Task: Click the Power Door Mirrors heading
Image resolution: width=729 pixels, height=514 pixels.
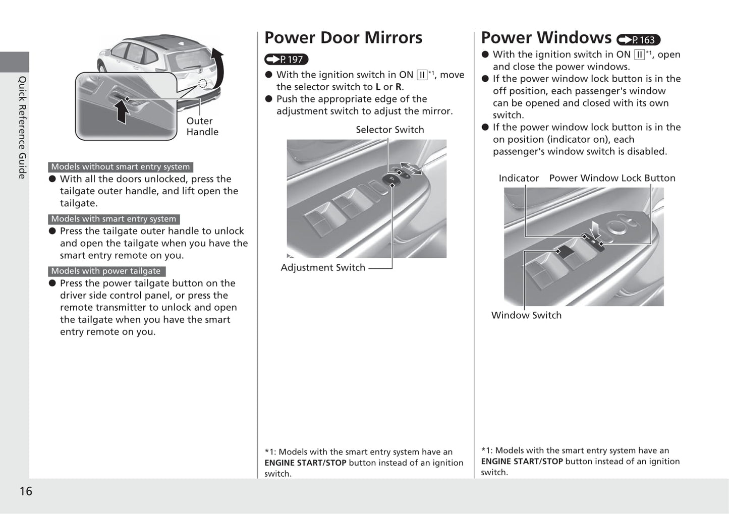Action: click(343, 38)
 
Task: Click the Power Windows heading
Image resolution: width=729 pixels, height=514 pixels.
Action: click(546, 38)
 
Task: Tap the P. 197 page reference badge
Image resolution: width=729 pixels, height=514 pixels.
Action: click(286, 60)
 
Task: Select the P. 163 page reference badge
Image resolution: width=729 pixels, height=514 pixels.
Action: click(638, 40)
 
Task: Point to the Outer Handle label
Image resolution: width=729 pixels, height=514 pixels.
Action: click(202, 126)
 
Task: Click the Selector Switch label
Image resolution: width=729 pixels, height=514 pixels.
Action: click(389, 130)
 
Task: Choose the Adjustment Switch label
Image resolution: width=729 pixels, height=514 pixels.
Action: click(323, 267)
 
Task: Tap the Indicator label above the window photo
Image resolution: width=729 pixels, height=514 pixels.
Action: click(518, 178)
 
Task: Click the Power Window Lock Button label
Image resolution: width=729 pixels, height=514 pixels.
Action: click(612, 178)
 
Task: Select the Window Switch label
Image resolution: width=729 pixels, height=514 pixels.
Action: click(526, 315)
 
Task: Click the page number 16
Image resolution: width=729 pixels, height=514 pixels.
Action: click(26, 491)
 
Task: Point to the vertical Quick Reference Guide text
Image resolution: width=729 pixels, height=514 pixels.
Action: click(22, 127)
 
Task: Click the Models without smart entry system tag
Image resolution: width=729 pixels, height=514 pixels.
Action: click(120, 167)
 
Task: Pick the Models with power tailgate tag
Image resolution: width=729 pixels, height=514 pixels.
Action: click(106, 271)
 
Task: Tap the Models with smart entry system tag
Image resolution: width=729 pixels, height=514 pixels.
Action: click(114, 219)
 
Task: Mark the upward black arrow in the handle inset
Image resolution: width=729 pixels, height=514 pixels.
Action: click(121, 111)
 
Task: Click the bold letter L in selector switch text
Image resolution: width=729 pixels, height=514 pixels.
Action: click(378, 87)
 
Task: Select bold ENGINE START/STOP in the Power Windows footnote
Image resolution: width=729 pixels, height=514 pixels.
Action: click(522, 462)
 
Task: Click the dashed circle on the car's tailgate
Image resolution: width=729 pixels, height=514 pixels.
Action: click(203, 83)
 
